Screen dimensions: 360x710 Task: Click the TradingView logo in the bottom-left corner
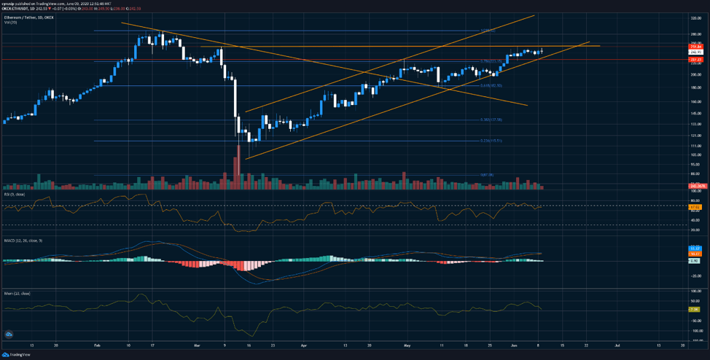[x=9, y=334]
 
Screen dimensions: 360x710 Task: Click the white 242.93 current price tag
[x=695, y=52]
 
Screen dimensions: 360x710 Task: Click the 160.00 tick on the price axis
[x=695, y=101]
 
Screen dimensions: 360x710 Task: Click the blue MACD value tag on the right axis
[x=695, y=249]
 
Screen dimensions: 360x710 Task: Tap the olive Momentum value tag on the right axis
[x=695, y=309]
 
